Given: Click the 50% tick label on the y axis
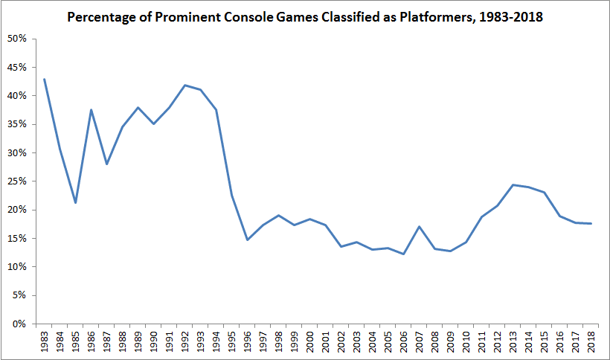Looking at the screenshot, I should coord(18,39).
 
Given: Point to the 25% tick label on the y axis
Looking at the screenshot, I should coord(18,181).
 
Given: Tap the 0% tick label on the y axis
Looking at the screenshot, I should coord(21,324).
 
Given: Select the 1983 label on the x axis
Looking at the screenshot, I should coord(45,341).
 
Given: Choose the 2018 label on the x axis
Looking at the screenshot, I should coord(591,341).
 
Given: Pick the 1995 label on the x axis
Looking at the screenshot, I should coord(232,341).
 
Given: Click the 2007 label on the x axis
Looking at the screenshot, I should coord(420,341).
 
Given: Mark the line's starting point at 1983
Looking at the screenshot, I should coord(45,79).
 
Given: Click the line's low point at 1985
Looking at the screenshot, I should coord(76,202).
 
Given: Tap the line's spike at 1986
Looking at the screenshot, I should coord(91,110).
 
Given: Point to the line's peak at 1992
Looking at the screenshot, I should coord(185,85).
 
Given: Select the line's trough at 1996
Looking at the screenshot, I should coord(248,240).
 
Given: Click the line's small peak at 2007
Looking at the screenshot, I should coord(420,227).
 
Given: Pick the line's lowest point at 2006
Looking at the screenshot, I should coord(404,254).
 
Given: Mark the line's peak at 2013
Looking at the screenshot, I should coord(513,184).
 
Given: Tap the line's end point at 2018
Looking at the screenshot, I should coord(591,223).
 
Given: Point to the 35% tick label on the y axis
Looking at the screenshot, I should coord(18,124).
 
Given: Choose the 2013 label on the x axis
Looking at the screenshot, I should coord(513,341).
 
